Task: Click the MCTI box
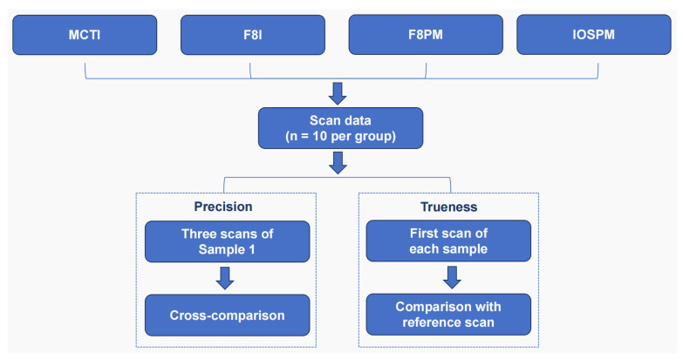pos(85,35)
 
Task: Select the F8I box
pos(253,35)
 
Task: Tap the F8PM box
pos(426,35)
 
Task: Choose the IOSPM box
pos(594,35)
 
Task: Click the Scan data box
pos(340,128)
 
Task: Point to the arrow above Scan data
pos(338,93)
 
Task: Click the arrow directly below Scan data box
pos(338,163)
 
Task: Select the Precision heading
pos(223,207)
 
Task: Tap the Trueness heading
pos(448,207)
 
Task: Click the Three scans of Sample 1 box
pos(227,241)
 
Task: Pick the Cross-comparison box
pos(227,316)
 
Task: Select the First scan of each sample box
pos(448,241)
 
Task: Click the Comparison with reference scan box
pos(448,315)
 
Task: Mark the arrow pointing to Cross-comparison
pos(225,278)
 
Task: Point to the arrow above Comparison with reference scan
pos(452,277)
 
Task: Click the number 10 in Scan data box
pos(319,136)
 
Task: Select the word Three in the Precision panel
pos(198,234)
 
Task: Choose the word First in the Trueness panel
pos(425,234)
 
